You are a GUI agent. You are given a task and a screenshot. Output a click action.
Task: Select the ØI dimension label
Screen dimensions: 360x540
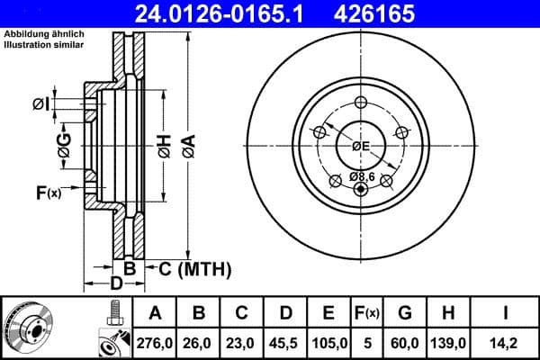tap(40, 104)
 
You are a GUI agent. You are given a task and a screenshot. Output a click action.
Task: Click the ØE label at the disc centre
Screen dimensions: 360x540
tap(361, 146)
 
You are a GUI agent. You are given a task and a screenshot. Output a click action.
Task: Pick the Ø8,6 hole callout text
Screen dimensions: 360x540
tap(362, 175)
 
